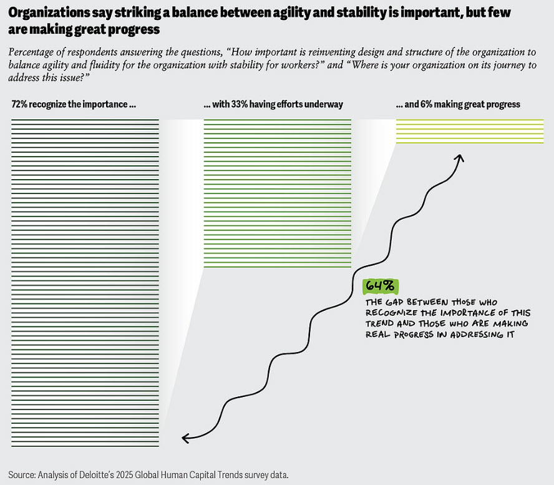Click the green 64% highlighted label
379,286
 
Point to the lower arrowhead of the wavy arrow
185,438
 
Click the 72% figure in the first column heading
19,105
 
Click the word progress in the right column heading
503,105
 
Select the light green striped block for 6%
470,131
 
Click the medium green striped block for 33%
277,194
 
